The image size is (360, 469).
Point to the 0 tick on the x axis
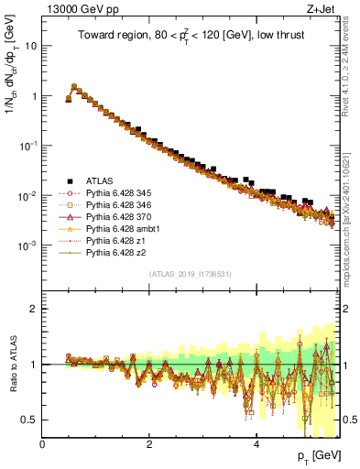pos(42,444)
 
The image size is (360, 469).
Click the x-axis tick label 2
pos(149,444)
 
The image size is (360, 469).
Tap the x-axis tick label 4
pos(256,444)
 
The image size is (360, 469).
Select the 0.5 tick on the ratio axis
pos(30,420)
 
